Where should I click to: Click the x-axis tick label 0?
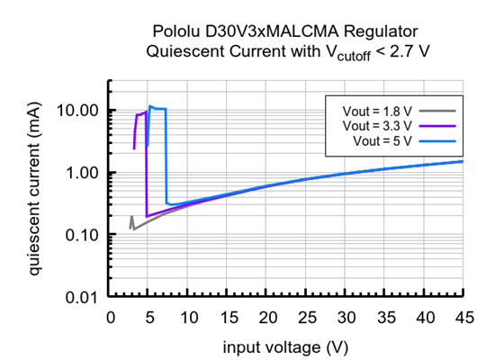(111, 318)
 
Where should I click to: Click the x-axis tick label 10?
(189, 318)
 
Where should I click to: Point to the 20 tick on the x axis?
(267, 318)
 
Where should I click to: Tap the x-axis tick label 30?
(346, 318)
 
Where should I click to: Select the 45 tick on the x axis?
(464, 318)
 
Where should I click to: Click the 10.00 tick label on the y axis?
(80, 111)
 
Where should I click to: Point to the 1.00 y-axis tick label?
(84, 173)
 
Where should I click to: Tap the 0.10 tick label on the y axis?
(84, 235)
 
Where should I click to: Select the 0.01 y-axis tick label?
(84, 297)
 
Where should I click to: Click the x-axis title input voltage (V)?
(287, 346)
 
